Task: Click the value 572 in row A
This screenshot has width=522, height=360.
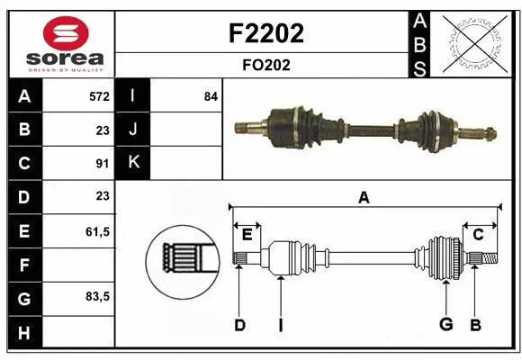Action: point(99,96)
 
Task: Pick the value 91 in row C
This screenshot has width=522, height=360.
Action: point(103,163)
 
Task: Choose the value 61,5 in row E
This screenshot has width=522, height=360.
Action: point(97,231)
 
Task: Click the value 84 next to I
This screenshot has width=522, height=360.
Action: point(211,96)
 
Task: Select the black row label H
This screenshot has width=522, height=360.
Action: point(23,333)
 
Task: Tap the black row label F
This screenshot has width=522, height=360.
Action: point(23,265)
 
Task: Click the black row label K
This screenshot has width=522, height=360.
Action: point(133,163)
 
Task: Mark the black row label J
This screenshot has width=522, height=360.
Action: point(133,130)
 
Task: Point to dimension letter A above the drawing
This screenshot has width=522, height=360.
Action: point(364,197)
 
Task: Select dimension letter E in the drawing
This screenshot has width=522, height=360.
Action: point(246,235)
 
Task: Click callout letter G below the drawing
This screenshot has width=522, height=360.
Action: point(445,325)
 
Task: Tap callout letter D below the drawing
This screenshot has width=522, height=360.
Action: point(239,325)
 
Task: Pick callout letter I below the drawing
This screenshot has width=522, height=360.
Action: point(280,325)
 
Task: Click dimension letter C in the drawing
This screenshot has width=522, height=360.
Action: point(478,235)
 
